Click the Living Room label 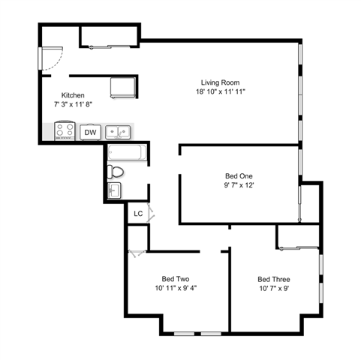click(x=220, y=82)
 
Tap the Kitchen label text click(x=73, y=95)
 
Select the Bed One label click(x=239, y=176)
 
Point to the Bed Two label click(x=176, y=279)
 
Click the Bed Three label click(x=274, y=279)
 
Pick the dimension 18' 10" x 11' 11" click(x=220, y=91)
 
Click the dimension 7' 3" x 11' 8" click(x=73, y=104)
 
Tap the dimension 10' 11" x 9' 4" click(x=176, y=288)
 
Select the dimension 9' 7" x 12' click(x=239, y=185)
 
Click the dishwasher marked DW click(x=90, y=132)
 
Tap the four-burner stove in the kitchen click(x=65, y=130)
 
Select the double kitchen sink click(x=118, y=132)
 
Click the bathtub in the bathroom click(x=127, y=152)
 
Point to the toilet click(x=115, y=172)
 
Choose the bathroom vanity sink click(x=114, y=190)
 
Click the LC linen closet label click(x=138, y=214)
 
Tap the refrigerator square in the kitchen click(x=123, y=88)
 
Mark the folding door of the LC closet click(x=151, y=213)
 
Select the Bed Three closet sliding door click(x=299, y=248)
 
